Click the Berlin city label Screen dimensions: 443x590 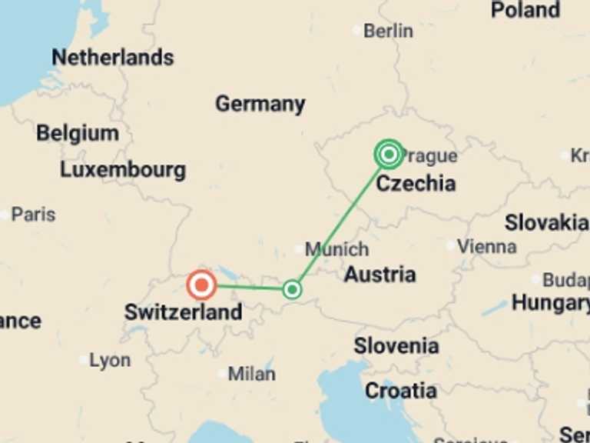coord(388,31)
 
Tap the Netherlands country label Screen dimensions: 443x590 coord(112,57)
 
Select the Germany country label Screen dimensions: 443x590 coord(260,104)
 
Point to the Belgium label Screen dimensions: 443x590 coord(78,133)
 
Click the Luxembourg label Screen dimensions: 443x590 coord(123,169)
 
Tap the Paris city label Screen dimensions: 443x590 coord(33,215)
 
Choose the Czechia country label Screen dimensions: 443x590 coord(416,183)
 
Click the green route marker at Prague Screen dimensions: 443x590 coord(389,155)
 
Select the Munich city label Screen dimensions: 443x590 coord(336,249)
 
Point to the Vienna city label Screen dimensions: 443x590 coord(486,247)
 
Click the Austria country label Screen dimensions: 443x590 coord(380,274)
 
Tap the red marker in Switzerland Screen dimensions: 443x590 coord(202,286)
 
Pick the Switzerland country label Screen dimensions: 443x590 coord(183,312)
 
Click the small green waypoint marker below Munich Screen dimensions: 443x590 coord(291,289)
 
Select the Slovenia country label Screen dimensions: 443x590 coord(396,346)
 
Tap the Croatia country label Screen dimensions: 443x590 coord(400,391)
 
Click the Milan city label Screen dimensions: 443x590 coord(251,374)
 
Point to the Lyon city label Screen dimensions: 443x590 coord(110,360)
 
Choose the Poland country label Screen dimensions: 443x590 coord(525,10)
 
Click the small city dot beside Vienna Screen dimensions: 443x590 coord(450,246)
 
